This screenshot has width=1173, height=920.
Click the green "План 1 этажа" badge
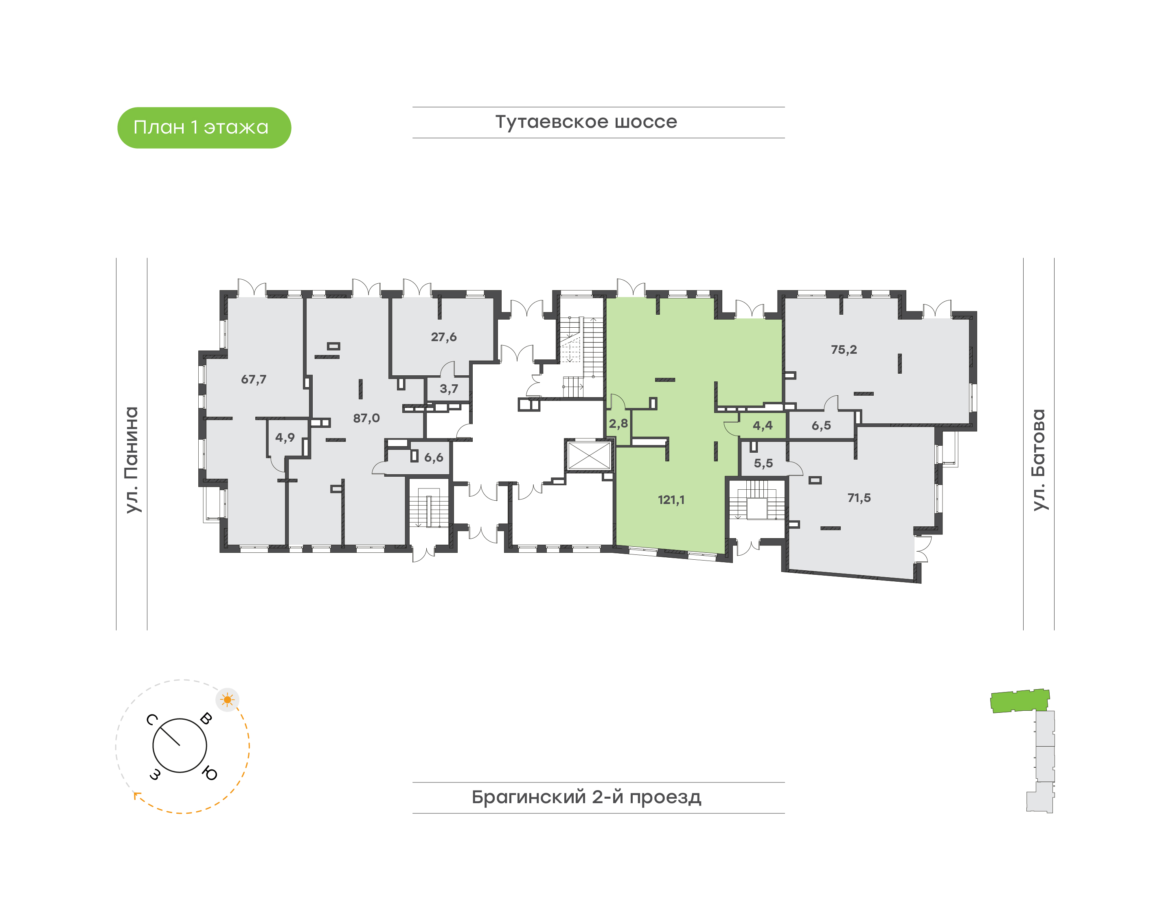coord(204,128)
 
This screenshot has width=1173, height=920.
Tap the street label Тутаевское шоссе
coord(586,122)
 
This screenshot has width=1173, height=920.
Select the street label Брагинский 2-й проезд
coord(586,797)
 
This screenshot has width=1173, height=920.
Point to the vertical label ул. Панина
coord(132,460)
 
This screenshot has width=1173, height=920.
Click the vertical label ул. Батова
coord(1038,460)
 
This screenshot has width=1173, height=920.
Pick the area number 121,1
coord(671,500)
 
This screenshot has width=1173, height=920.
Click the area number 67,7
coord(253,379)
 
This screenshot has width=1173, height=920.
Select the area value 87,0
coord(366,418)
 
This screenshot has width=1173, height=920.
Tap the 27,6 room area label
coord(443,337)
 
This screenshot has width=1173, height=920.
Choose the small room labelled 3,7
coord(448,388)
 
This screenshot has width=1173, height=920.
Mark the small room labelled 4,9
coord(285,437)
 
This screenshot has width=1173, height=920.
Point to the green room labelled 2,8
coord(618,424)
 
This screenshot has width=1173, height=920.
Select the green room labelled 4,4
coord(763,425)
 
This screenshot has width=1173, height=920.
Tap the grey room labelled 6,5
coord(821,425)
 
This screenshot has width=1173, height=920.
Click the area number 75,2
coord(843,350)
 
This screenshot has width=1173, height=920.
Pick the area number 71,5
coord(859,498)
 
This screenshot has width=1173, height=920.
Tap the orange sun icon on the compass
coord(227,700)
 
